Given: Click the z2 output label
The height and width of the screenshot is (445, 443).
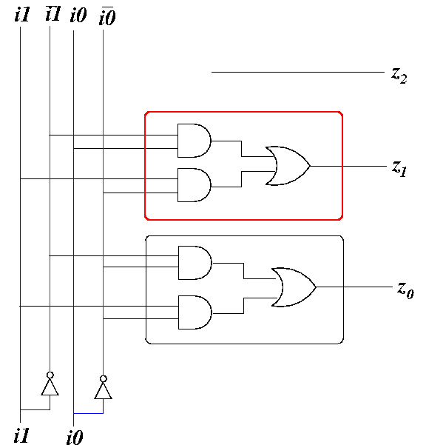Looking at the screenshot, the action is click(x=399, y=76).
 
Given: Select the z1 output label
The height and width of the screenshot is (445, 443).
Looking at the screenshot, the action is click(x=399, y=168).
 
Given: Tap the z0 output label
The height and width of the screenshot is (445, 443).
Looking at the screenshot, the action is click(x=405, y=290).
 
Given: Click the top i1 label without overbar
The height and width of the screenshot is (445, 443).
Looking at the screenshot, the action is click(x=22, y=15).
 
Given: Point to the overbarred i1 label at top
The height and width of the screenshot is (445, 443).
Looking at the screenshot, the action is click(x=53, y=13).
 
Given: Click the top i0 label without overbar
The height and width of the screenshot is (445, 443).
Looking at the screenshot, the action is click(x=78, y=15).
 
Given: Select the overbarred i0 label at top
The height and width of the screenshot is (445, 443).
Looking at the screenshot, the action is click(x=107, y=16).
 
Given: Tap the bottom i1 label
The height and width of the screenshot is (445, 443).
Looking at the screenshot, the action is click(x=21, y=435).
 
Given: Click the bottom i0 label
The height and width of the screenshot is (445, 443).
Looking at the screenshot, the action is click(x=75, y=438).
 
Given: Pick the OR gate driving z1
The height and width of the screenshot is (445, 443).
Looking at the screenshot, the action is click(x=288, y=166).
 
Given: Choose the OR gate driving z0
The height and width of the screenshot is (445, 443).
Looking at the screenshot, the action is click(x=294, y=287).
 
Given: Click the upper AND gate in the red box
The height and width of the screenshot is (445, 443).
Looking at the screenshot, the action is click(x=195, y=141).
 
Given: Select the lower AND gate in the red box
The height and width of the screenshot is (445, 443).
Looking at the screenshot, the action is click(x=195, y=185).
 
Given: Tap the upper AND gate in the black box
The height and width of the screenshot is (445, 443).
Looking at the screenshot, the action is click(x=195, y=263).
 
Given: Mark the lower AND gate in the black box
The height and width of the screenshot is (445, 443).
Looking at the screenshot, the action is click(x=195, y=312).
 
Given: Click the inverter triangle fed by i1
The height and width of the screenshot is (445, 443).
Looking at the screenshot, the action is click(x=50, y=388).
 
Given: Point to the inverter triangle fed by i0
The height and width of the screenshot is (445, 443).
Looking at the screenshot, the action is click(x=103, y=391).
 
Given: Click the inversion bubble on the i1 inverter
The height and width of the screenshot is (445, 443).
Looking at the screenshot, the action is click(x=50, y=375).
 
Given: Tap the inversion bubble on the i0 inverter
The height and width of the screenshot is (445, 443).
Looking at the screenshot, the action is click(x=103, y=379).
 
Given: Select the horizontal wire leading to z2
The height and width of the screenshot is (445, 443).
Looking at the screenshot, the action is click(x=298, y=72).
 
